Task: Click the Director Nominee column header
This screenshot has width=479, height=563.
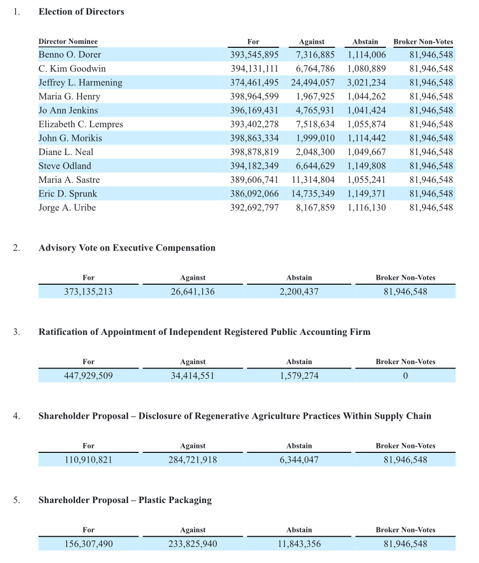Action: coord(68,41)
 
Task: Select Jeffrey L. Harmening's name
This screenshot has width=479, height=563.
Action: coord(80,82)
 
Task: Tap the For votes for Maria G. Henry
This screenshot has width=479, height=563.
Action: coord(254,97)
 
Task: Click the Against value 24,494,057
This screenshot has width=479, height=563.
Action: coord(313,82)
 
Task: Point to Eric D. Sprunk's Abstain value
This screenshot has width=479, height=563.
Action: coord(366,194)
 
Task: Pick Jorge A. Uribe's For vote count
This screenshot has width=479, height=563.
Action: coord(254,208)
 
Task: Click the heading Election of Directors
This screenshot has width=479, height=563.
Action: coord(81,12)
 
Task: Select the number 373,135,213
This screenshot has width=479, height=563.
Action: coord(88,292)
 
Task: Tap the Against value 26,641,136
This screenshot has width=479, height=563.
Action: coord(192,292)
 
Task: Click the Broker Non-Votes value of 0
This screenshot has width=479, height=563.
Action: coord(405,376)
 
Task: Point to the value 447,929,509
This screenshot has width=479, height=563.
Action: coord(88,376)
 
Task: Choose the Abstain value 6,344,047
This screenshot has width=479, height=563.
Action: coord(299,460)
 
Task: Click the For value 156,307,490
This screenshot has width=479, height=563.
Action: coord(88,544)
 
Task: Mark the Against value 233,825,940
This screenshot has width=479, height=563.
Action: coord(192,544)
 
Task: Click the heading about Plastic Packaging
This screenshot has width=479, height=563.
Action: coord(125,500)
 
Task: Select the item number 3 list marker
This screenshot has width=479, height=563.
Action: coord(17,332)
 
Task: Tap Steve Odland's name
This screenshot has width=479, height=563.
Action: coord(65,166)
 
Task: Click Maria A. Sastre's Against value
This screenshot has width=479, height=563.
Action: coord(313,180)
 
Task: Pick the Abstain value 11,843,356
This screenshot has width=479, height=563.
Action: coord(299,544)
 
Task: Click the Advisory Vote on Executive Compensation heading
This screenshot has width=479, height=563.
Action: coord(127,248)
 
